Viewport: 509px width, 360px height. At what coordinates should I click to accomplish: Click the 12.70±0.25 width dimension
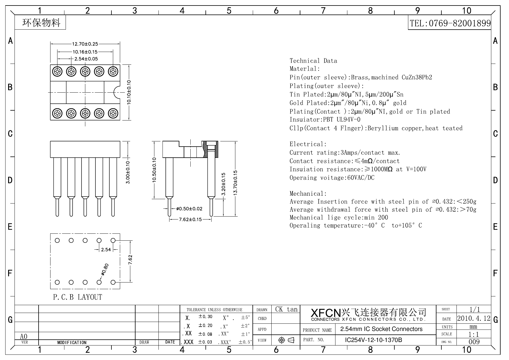tap(85, 44)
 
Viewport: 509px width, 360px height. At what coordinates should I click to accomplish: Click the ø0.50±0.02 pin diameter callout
tap(189, 209)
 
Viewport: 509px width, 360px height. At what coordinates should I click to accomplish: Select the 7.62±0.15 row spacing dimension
tap(190, 219)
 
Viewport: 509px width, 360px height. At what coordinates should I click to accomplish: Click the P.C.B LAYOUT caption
tap(78, 297)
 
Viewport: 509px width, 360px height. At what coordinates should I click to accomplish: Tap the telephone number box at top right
tap(450, 23)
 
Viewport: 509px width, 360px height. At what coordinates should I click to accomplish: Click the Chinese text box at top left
tap(41, 23)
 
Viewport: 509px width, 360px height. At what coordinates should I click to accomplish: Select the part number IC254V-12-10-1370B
tap(373, 340)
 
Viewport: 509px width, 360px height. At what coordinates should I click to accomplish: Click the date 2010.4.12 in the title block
tap(474, 318)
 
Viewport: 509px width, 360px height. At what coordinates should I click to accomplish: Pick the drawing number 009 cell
tap(474, 342)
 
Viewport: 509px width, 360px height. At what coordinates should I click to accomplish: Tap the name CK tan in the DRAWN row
tap(286, 309)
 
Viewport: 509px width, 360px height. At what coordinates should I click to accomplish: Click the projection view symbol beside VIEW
tap(286, 340)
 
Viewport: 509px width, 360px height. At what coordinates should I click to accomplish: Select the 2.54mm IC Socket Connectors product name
tap(381, 329)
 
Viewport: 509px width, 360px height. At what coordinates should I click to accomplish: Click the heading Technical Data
tap(313, 61)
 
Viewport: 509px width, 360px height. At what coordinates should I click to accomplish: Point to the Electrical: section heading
tap(308, 144)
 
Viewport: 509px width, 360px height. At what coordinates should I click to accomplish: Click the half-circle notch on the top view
tap(117, 92)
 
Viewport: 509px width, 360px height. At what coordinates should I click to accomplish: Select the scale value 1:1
tap(474, 334)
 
